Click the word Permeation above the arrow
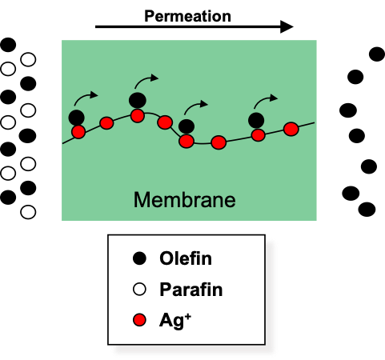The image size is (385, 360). pyautogui.click(x=187, y=17)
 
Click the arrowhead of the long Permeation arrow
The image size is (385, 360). pyautogui.click(x=287, y=26)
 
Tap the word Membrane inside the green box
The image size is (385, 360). pyautogui.click(x=185, y=200)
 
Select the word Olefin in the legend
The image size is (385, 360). pyautogui.click(x=186, y=258)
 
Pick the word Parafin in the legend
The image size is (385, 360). pyautogui.click(x=191, y=289)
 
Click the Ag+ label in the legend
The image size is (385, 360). pyautogui.click(x=175, y=320)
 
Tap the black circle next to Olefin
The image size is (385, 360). pyautogui.click(x=139, y=258)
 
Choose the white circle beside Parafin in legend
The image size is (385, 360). pyautogui.click(x=139, y=290)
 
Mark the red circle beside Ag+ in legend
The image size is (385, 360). pyautogui.click(x=139, y=320)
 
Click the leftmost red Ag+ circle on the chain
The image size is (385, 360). pyautogui.click(x=78, y=132)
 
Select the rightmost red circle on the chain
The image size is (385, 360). pyautogui.click(x=291, y=129)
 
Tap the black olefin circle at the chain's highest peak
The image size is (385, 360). pyautogui.click(x=138, y=100)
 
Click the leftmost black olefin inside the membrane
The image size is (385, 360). pyautogui.click(x=77, y=118)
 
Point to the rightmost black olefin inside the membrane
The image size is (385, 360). pyautogui.click(x=256, y=120)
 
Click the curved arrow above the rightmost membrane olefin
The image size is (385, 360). pyautogui.click(x=264, y=100)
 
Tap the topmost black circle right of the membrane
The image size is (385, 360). pyautogui.click(x=377, y=54)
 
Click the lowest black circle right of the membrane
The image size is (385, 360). pyautogui.click(x=367, y=209)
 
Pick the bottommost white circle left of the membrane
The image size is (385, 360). pyautogui.click(x=28, y=212)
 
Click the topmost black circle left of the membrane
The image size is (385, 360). pyautogui.click(x=8, y=45)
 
